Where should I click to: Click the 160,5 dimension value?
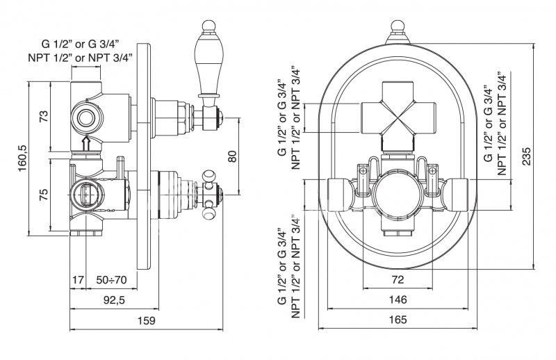23,158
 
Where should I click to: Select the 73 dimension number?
43,117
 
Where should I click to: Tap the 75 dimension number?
43,195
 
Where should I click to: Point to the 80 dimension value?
232,156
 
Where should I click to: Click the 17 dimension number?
78,280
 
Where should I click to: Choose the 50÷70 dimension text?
111,280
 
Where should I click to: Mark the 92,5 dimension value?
114,300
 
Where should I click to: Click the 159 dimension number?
147,320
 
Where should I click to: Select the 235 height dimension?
527,156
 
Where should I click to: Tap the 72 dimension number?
398,280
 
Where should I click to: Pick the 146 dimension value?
398,300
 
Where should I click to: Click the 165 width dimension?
398,320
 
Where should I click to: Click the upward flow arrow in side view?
86,144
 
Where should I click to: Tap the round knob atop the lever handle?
208,26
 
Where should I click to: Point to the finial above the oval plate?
398,32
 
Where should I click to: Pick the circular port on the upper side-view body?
86,118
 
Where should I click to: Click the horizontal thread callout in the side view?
81,50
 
